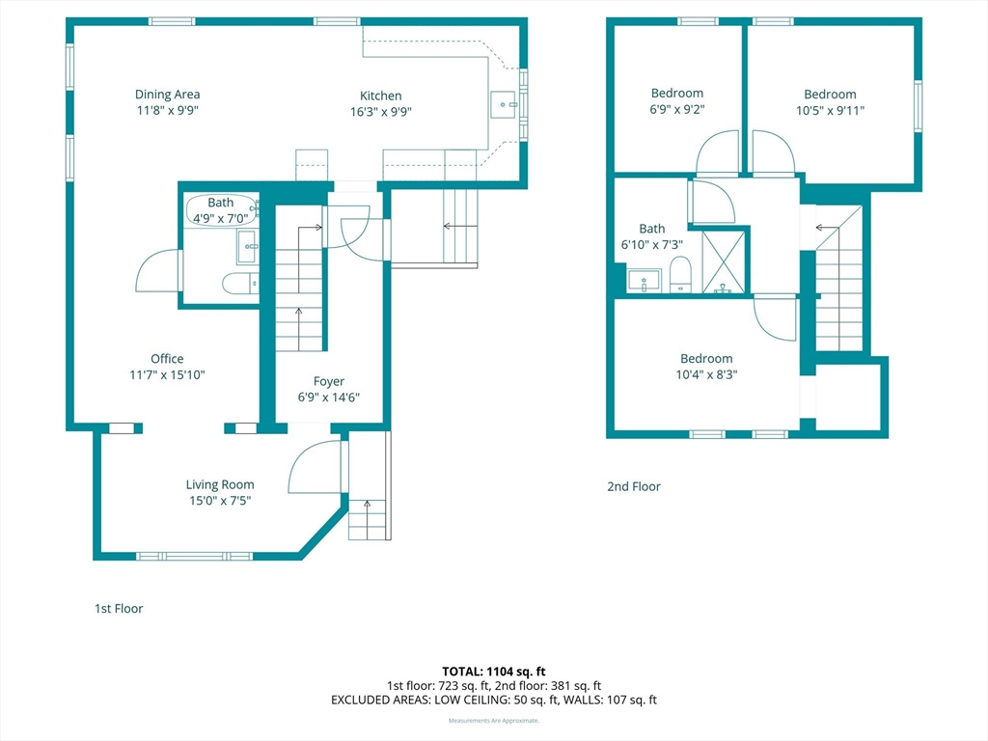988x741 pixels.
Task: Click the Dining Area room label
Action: (167, 95)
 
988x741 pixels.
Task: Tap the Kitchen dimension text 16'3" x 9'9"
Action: (380, 112)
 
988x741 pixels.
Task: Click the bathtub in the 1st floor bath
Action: (221, 210)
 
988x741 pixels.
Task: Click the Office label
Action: (167, 359)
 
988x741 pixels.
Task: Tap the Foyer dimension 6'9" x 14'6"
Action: (329, 398)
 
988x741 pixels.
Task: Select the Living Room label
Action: (220, 484)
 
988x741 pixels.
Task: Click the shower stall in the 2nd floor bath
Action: (724, 262)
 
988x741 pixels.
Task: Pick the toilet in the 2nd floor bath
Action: (680, 275)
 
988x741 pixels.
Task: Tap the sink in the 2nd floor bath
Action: (644, 281)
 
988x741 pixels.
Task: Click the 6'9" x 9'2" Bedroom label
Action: (676, 94)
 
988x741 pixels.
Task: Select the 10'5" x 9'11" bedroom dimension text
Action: (830, 110)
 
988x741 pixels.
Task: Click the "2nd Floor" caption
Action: (634, 486)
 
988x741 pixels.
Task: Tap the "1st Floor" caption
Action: (119, 609)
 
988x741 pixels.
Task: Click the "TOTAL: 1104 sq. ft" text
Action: (493, 672)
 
